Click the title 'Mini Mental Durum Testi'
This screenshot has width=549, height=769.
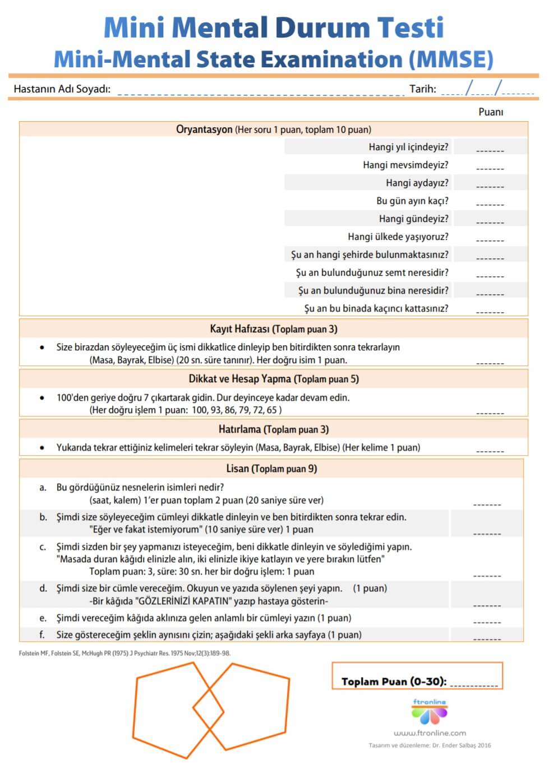tap(274, 27)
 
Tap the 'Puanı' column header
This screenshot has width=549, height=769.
tap(491, 112)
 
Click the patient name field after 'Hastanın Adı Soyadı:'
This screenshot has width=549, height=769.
tap(260, 90)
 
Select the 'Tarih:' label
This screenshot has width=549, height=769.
tap(422, 89)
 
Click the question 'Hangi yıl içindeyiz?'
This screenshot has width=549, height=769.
tap(408, 147)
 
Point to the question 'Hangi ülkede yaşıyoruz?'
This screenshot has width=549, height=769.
tap(398, 237)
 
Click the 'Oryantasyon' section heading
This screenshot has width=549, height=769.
tap(204, 129)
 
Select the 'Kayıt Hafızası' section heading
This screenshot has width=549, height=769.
tap(240, 329)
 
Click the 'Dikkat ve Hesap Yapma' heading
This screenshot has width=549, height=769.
tap(240, 379)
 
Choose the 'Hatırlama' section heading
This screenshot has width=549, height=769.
tap(240, 429)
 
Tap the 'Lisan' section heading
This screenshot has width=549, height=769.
tap(237, 469)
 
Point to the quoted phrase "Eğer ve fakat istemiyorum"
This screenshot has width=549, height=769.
tap(145, 529)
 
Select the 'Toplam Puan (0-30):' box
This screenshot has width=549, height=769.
tap(417, 676)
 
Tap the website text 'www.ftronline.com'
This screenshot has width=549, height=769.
tap(430, 733)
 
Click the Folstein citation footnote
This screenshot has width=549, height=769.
tap(124, 653)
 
